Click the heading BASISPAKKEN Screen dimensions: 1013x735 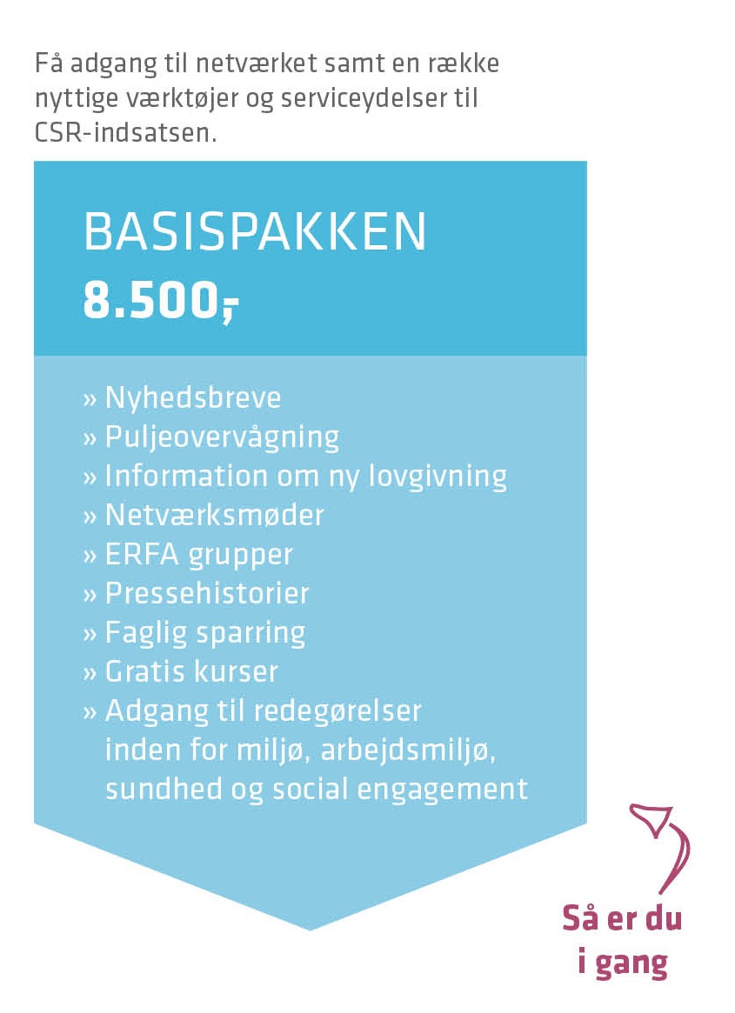[255, 232]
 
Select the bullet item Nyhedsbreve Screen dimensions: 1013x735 [192, 398]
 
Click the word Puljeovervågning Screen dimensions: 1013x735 [222, 437]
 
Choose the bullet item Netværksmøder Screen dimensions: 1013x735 [214, 515]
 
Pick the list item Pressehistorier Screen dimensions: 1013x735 [207, 593]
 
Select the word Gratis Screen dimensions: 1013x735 [144, 671]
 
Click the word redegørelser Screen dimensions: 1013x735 [337, 711]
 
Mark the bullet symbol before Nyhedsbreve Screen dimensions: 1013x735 [89, 400]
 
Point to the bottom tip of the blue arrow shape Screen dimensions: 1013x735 [311, 929]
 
